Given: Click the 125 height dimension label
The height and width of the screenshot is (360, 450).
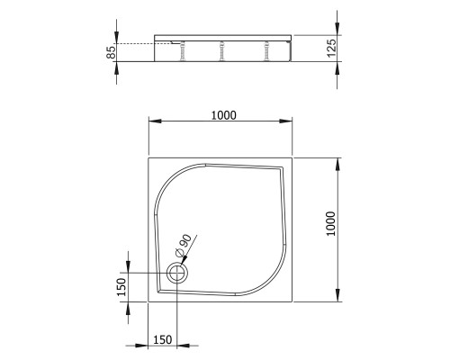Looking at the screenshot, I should coord(330,48).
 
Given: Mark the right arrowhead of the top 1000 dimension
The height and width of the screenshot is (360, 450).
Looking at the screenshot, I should coord(293,121).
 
